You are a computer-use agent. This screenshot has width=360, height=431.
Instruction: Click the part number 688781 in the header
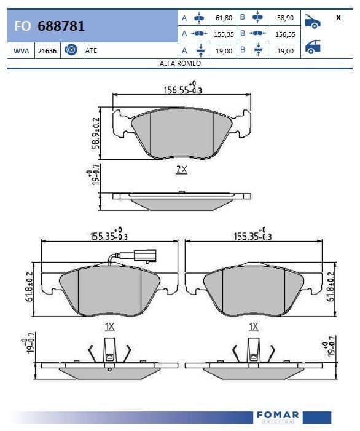pyautogui.click(x=61, y=26)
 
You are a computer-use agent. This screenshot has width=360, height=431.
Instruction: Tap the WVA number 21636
pyautogui.click(x=47, y=51)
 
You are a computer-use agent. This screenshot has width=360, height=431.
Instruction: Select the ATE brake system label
pyautogui.click(x=91, y=51)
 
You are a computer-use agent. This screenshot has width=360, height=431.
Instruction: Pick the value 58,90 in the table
pyautogui.click(x=285, y=18)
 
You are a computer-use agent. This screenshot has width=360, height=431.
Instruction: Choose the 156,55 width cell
pyautogui.click(x=285, y=34)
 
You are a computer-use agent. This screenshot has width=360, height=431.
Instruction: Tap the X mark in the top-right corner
pyautogui.click(x=338, y=18)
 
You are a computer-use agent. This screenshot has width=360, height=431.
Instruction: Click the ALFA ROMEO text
pyautogui.click(x=180, y=63)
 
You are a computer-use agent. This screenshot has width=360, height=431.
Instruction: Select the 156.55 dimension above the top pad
pyautogui.click(x=182, y=89)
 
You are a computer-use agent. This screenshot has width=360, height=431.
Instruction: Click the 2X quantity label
pyautogui.click(x=181, y=170)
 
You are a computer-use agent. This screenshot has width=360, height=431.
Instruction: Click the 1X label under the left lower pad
pyautogui.click(x=109, y=326)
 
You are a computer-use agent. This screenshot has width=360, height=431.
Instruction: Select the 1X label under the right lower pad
pyautogui.click(x=253, y=326)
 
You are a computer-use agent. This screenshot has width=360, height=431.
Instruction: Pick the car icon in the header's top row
pyautogui.click(x=313, y=22)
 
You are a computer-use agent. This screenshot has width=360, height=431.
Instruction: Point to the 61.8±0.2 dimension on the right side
pyautogui.click(x=331, y=283)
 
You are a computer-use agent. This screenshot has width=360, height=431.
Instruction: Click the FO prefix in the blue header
pyautogui.click(x=22, y=26)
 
